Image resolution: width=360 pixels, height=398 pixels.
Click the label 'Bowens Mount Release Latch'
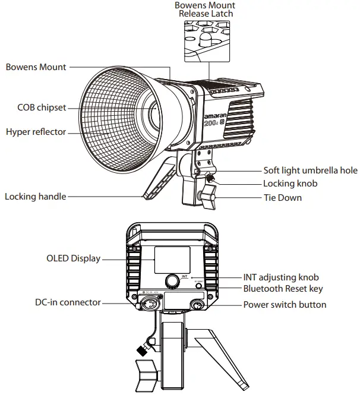pos(205,9)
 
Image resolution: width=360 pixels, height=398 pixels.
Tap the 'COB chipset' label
pos(41,108)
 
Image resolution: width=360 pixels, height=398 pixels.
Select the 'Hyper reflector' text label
pos(36,131)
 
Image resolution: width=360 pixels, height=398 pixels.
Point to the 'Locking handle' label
pos(35,196)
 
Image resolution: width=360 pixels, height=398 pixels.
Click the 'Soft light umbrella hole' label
pos(311,170)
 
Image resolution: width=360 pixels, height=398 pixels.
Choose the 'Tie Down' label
pos(282,197)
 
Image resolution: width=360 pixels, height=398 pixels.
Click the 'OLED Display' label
pos(73,258)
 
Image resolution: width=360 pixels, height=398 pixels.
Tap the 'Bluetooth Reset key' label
pos(283,289)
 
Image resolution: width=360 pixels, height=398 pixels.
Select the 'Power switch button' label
pos(285,304)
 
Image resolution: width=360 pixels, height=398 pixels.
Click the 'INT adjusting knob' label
pos(281,277)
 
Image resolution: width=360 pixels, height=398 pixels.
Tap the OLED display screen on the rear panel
pos(172,260)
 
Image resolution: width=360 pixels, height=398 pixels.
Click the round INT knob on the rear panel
pos(172,280)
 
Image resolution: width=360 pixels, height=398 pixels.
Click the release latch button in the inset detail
pos(205,38)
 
